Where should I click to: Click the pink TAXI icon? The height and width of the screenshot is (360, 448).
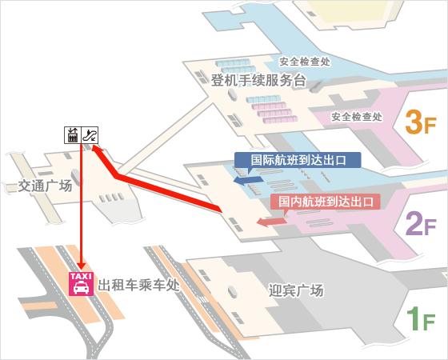click(x=82, y=285)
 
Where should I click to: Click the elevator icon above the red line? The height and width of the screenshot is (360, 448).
click(x=72, y=134)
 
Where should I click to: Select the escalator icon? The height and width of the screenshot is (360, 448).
click(x=92, y=134)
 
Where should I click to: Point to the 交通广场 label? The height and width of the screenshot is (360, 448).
click(x=45, y=186)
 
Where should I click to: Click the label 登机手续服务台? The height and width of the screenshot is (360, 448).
click(x=258, y=80)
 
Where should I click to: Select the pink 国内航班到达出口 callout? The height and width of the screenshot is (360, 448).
click(x=324, y=202)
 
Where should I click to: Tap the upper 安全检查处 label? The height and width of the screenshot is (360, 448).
click(x=305, y=60)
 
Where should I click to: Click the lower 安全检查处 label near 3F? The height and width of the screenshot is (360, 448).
click(x=356, y=117)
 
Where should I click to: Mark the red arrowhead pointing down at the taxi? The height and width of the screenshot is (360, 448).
click(x=82, y=266)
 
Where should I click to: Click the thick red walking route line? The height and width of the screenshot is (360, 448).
click(x=168, y=193)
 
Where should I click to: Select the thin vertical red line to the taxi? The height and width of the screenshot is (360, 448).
click(x=82, y=208)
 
